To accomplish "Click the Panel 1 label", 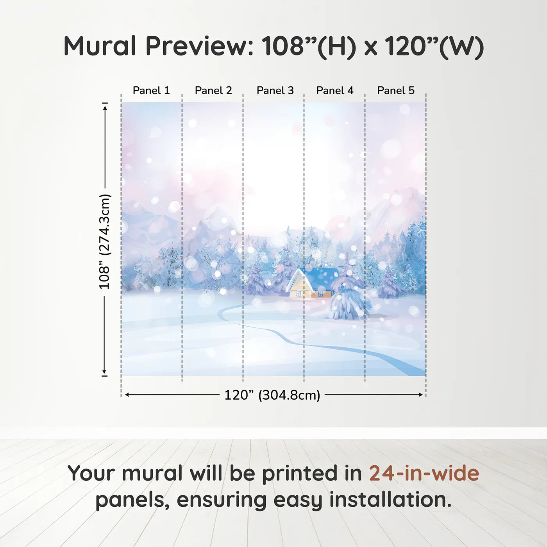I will (151, 91).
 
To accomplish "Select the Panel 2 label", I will (213, 91).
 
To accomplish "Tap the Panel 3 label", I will (275, 91).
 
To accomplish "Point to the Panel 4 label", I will (335, 91).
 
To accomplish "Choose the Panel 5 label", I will (396, 91).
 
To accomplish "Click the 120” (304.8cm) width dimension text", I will (272, 395).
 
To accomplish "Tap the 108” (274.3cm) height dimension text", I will (105, 241).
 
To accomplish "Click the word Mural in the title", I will (100, 46).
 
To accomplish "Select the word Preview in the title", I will (199, 46).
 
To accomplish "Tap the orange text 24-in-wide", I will (424, 473).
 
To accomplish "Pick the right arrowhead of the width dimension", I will (421, 395).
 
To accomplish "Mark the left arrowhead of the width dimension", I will (127, 395).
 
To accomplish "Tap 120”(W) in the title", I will (434, 46).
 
